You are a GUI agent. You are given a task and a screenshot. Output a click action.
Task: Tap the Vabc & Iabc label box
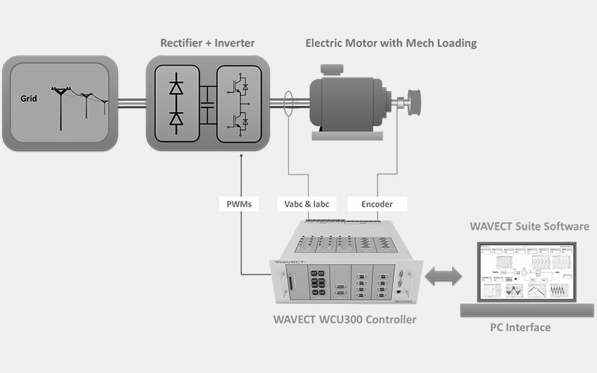[307, 202]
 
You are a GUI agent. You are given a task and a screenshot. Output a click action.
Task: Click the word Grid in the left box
[30, 97]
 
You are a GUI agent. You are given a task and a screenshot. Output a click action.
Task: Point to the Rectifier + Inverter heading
[207, 43]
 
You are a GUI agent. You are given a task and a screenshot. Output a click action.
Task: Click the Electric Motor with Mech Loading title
[390, 43]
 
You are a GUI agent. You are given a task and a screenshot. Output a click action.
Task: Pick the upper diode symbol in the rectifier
[177, 87]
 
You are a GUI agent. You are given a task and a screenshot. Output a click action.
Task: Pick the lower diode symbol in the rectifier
[177, 119]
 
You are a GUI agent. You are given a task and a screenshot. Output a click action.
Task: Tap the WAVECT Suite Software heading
[529, 226]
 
